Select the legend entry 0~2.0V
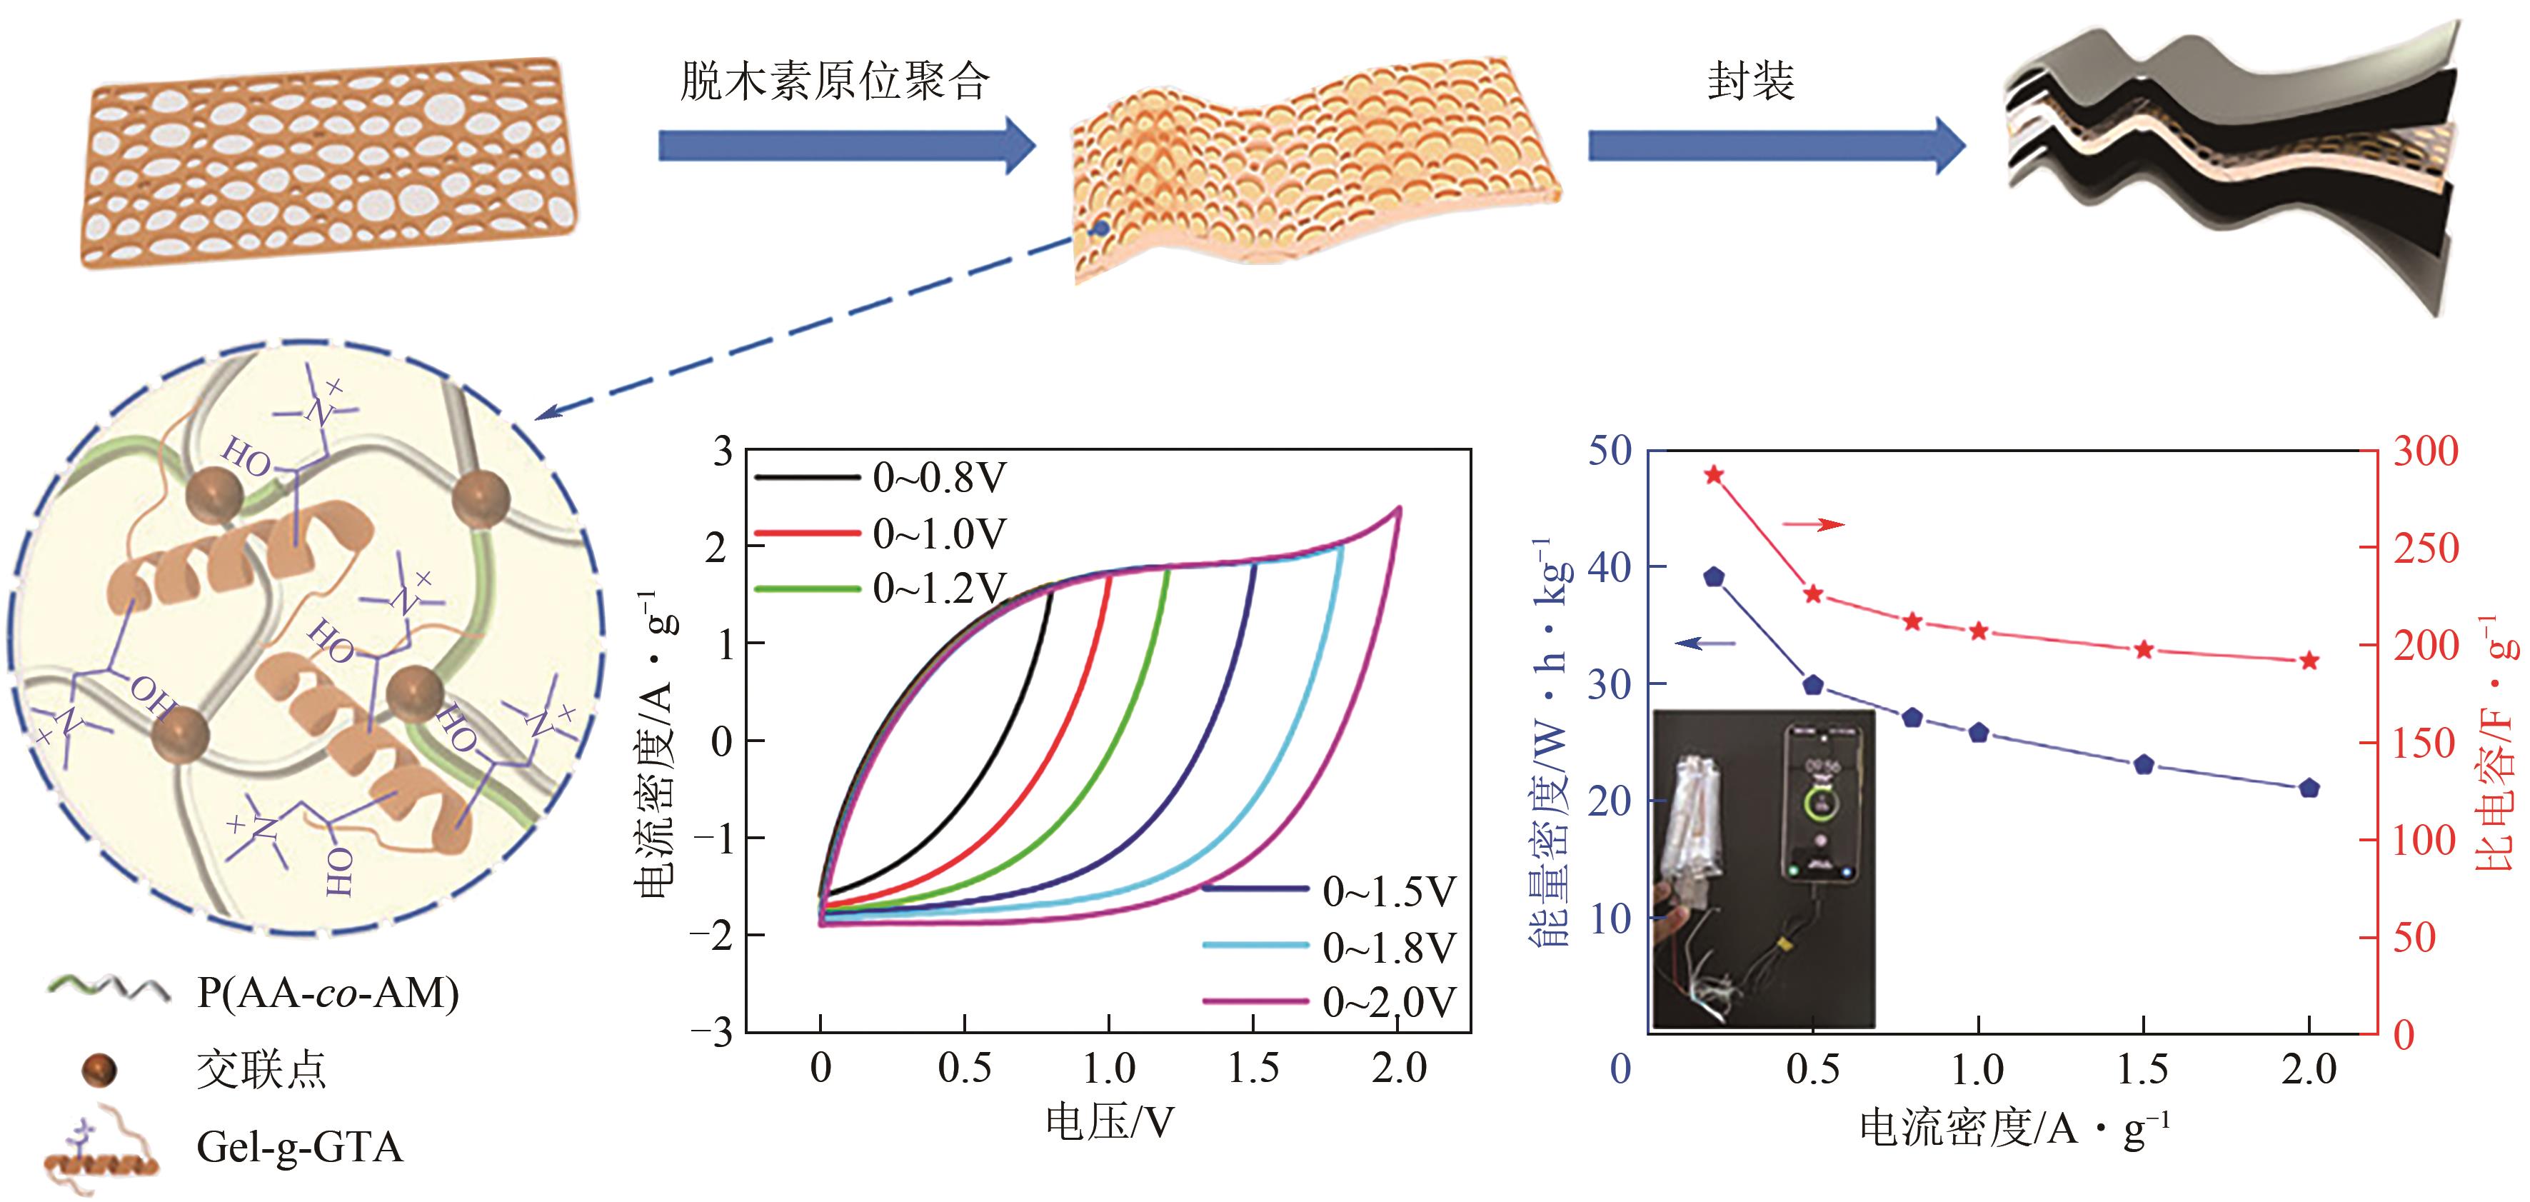1387,1001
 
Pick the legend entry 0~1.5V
1387,891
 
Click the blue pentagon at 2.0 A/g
2309,788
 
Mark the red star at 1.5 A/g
2144,650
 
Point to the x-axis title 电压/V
1110,1121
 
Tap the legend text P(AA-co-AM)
328,993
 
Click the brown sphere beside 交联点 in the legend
99,1069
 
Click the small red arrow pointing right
1813,524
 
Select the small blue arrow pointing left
1706,644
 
